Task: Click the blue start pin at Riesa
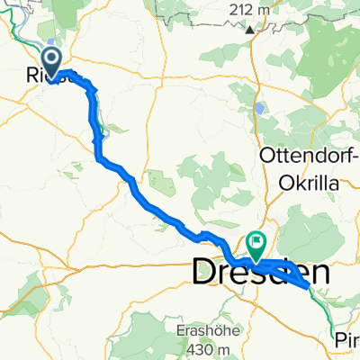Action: [x=53, y=62]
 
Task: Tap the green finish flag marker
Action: [x=256, y=241]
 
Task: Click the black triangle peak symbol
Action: [x=249, y=28]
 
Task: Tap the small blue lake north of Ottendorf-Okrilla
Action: [x=259, y=107]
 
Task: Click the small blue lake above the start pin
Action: [x=52, y=41]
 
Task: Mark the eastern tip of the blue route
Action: [x=310, y=284]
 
